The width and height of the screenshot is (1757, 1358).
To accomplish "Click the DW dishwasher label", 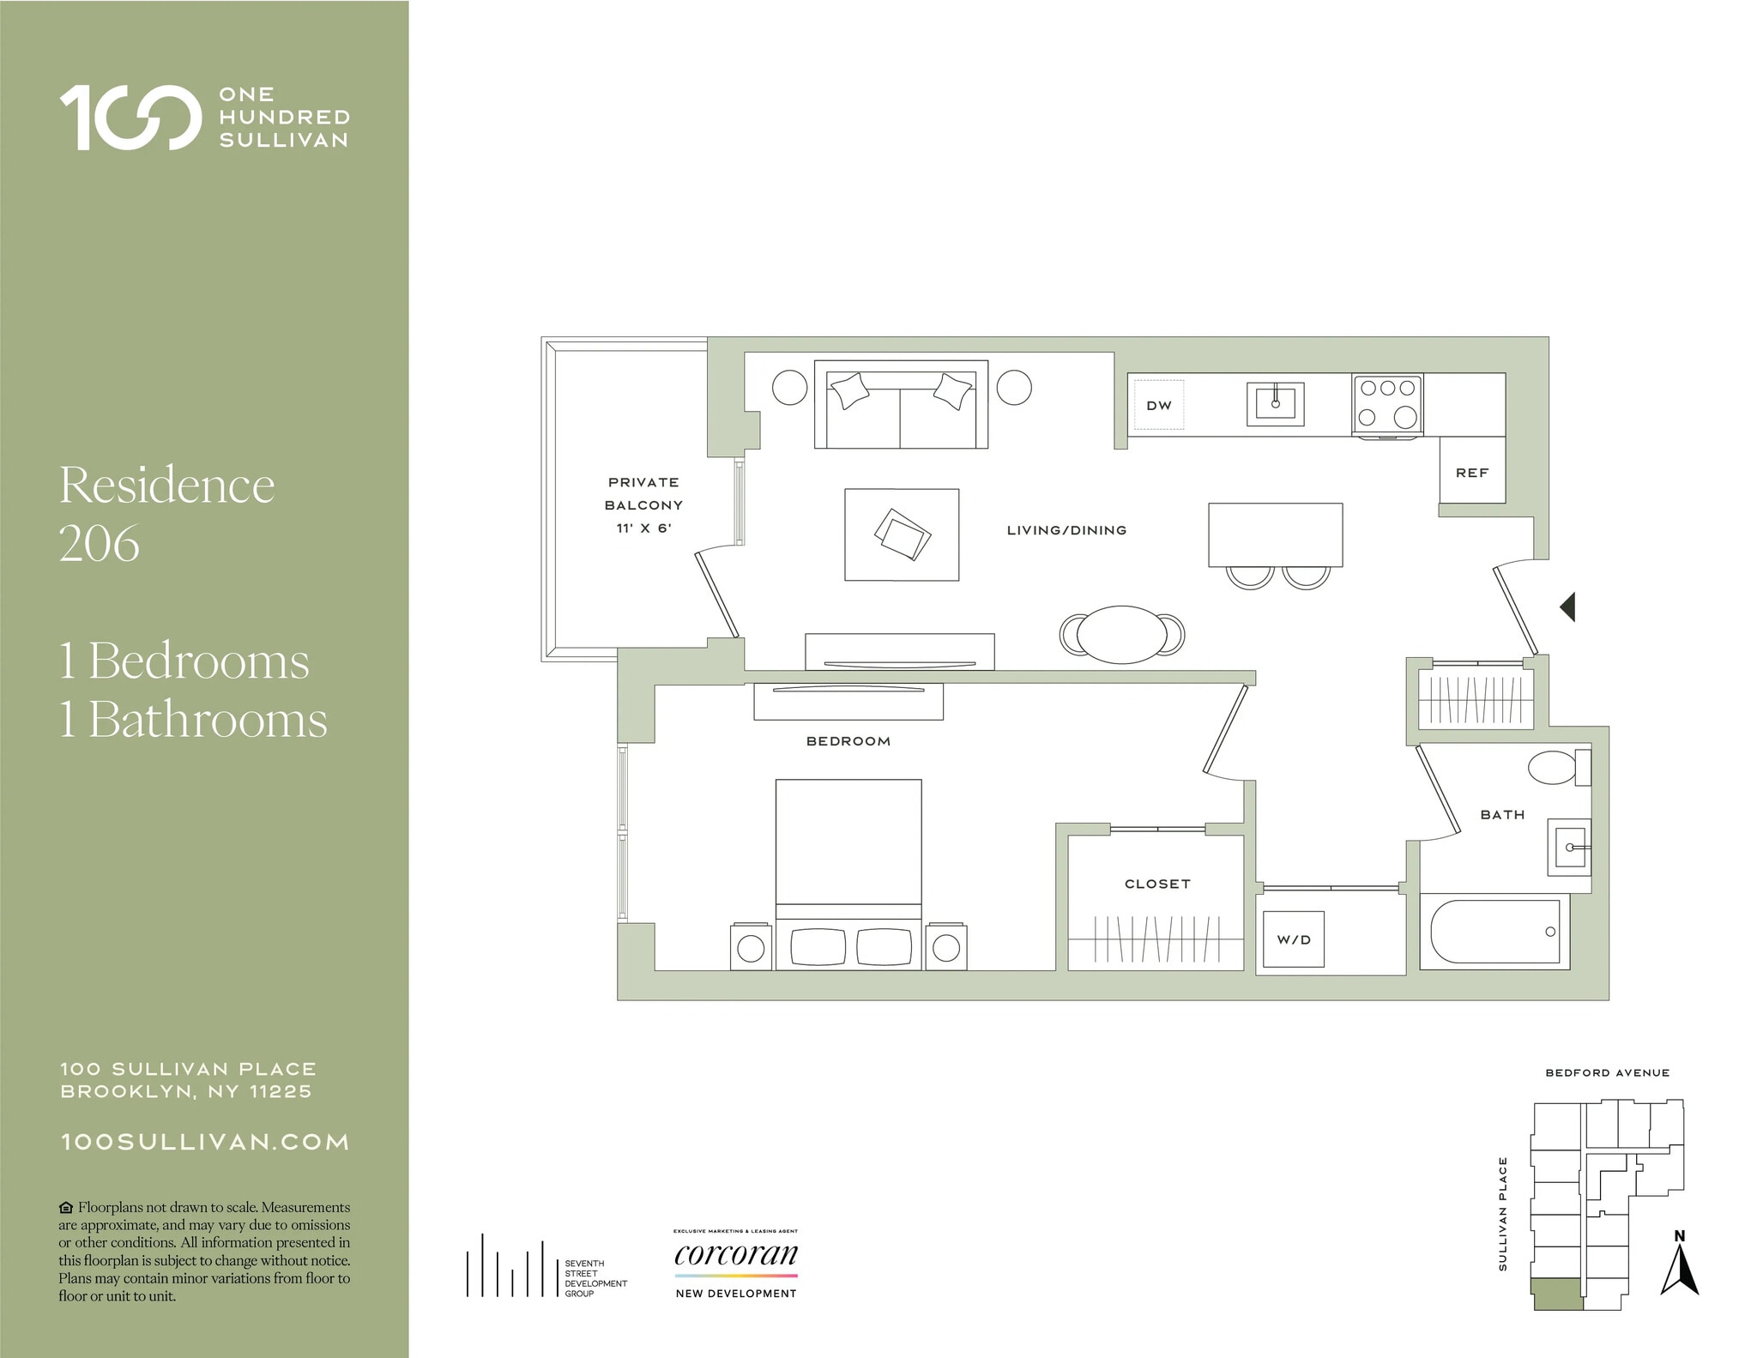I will [x=1158, y=406].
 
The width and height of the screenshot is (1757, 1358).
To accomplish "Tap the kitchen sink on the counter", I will [x=1275, y=403].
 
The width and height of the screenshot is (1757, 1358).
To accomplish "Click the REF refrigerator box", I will [x=1472, y=472].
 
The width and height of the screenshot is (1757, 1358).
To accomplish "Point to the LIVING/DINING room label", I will [x=1066, y=530].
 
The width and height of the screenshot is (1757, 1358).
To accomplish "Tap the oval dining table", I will [x=1121, y=635].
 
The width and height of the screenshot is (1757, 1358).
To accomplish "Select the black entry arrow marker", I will [x=1568, y=607].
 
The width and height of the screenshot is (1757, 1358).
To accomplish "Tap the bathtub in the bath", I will [x=1494, y=932].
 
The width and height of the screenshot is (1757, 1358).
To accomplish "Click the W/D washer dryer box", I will [x=1294, y=939].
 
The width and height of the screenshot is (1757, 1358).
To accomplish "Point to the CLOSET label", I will [x=1157, y=884].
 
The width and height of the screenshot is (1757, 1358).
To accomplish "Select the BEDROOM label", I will [x=848, y=741].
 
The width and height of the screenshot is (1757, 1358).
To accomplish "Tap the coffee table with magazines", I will [x=902, y=534].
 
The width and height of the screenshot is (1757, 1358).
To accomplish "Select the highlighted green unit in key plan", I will [x=1557, y=1294].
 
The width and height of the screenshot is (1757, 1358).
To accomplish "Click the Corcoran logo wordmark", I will [x=736, y=1254].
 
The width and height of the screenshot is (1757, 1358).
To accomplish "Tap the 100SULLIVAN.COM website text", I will [x=205, y=1142].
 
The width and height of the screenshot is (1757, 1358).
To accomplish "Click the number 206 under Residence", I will [x=100, y=543].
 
